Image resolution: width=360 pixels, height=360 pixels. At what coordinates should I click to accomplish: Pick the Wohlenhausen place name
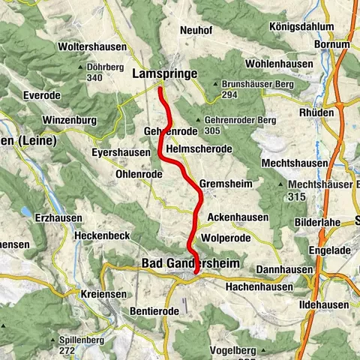click(x=277, y=64)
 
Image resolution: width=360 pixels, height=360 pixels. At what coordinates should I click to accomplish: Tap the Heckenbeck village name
click(x=103, y=235)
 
